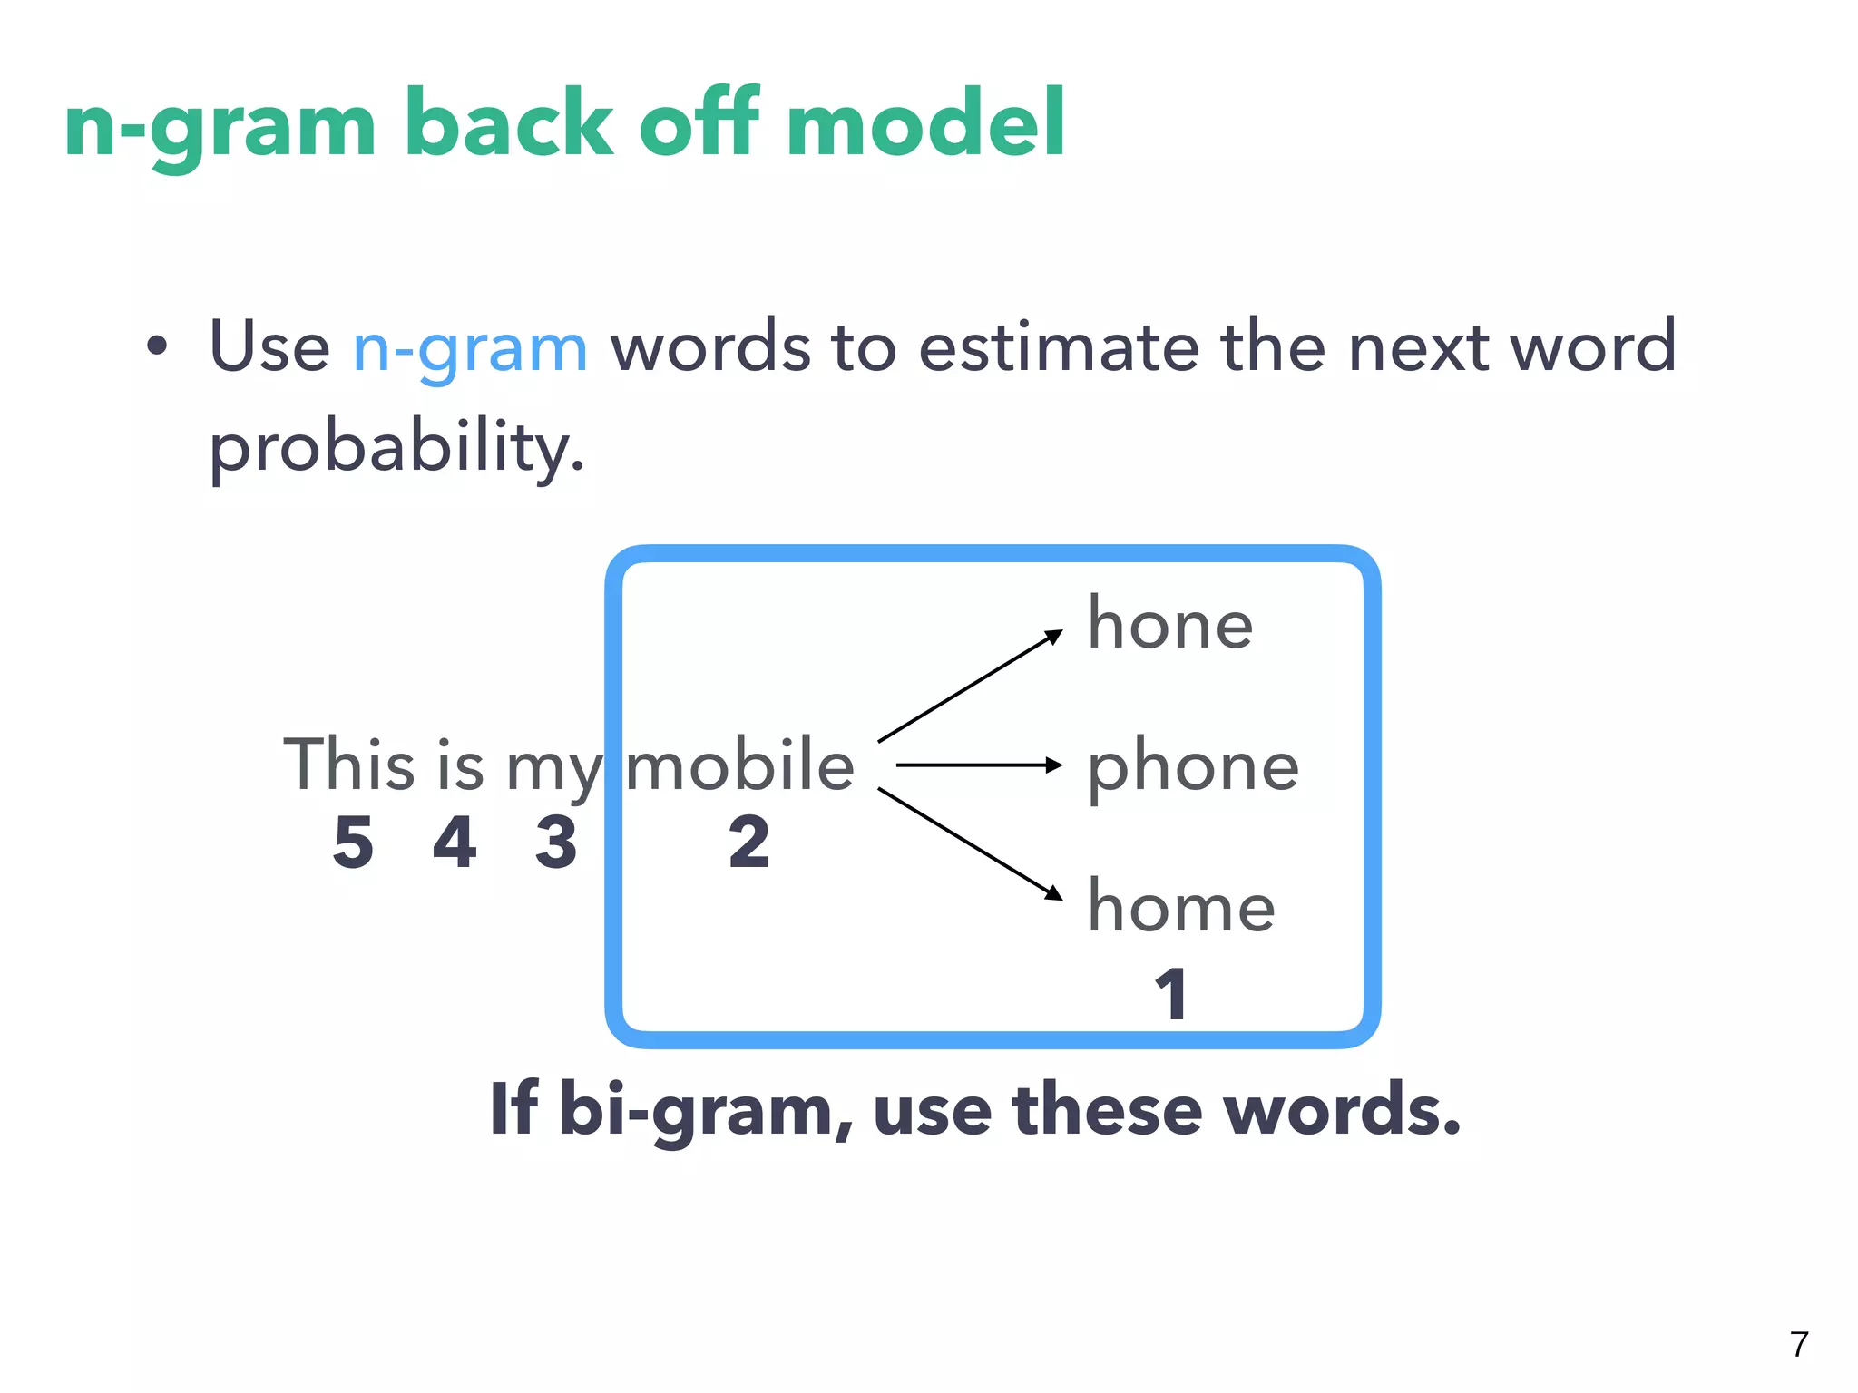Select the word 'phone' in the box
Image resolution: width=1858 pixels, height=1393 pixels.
pyautogui.click(x=1193, y=767)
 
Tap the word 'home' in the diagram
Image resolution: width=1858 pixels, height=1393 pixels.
pyautogui.click(x=1181, y=907)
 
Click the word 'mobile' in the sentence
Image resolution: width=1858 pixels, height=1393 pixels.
pyautogui.click(x=740, y=765)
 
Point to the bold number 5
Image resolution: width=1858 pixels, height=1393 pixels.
pyautogui.click(x=353, y=843)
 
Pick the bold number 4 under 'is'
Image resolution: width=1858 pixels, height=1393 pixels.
pyautogui.click(x=455, y=843)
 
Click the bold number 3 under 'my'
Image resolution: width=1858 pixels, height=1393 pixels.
pyautogui.click(x=556, y=843)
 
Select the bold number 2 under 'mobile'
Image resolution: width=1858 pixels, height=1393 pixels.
pyautogui.click(x=749, y=843)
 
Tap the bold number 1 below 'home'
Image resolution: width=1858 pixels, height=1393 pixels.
pyautogui.click(x=1171, y=994)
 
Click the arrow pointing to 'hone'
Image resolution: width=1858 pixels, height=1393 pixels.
pyautogui.click(x=970, y=686)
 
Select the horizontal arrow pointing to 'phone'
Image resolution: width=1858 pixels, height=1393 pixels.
pyautogui.click(x=978, y=765)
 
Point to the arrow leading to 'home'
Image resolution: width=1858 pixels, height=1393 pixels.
pyautogui.click(x=970, y=843)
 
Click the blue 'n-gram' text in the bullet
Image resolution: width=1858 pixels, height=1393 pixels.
pyautogui.click(x=470, y=347)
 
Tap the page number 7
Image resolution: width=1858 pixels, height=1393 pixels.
pyautogui.click(x=1800, y=1344)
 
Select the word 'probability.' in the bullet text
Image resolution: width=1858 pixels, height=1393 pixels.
pyautogui.click(x=396, y=447)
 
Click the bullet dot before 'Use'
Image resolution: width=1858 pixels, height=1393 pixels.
pyautogui.click(x=157, y=346)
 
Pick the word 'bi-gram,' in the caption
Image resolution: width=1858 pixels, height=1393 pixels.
pyautogui.click(x=706, y=1110)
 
